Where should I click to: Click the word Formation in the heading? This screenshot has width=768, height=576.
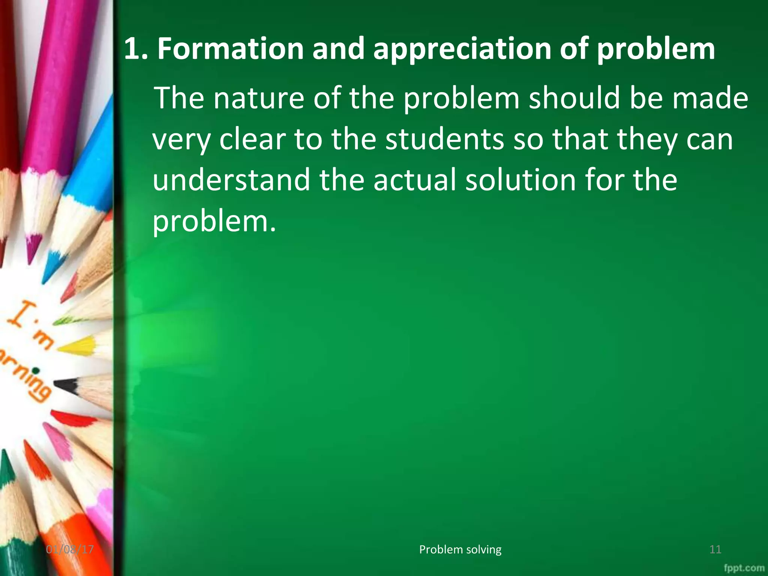pyautogui.click(x=230, y=49)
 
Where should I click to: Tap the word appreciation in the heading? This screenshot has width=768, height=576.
pyautogui.click(x=462, y=49)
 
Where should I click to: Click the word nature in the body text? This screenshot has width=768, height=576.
pyautogui.click(x=259, y=98)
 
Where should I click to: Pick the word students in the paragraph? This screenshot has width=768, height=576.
pyautogui.click(x=445, y=139)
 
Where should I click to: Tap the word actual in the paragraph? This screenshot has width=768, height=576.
pyautogui.click(x=414, y=180)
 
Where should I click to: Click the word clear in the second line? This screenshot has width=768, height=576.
pyautogui.click(x=252, y=139)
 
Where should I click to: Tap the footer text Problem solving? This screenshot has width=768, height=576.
pyautogui.click(x=460, y=549)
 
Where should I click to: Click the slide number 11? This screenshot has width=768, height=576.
pyautogui.click(x=715, y=550)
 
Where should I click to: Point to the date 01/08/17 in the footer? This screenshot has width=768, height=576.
pyautogui.click(x=70, y=550)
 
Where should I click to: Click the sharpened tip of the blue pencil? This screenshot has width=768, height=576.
pyautogui.click(x=49, y=270)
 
